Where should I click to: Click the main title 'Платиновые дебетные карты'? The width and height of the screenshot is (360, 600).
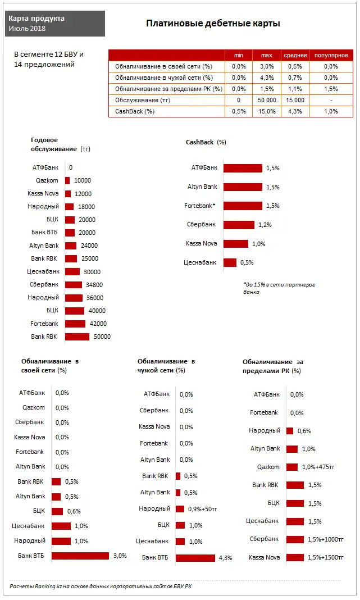click(x=213, y=24)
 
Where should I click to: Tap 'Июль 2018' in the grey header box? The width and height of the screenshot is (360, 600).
click(x=27, y=29)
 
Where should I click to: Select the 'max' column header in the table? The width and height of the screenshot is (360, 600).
click(x=266, y=55)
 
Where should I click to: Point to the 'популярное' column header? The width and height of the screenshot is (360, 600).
click(x=331, y=55)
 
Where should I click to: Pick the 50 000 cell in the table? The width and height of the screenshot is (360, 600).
click(x=266, y=100)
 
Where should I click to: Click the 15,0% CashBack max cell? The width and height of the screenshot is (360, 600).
click(x=266, y=111)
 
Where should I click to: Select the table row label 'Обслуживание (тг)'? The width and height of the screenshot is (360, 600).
click(x=143, y=100)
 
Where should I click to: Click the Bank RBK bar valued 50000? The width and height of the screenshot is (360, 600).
click(x=77, y=337)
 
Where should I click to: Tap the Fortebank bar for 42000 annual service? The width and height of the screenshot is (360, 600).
click(x=75, y=324)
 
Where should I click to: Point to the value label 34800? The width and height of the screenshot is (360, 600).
click(x=94, y=285)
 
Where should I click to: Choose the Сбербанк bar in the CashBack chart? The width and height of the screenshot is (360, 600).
click(x=239, y=225)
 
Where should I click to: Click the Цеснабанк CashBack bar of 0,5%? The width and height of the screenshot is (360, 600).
click(x=230, y=262)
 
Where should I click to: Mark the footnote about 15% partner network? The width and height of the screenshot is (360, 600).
click(x=279, y=288)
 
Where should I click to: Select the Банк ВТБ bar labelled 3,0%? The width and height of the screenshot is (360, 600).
click(x=80, y=556)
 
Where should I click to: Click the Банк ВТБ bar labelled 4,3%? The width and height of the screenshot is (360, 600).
click(x=195, y=558)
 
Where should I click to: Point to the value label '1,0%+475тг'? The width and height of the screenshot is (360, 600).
click(x=318, y=467)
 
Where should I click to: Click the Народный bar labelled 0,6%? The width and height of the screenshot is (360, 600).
click(x=290, y=431)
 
